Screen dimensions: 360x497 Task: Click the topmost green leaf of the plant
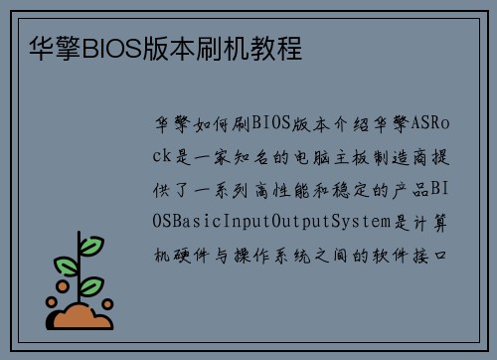tap(91, 245)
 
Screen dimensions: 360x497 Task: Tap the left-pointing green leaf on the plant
tap(66, 267)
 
